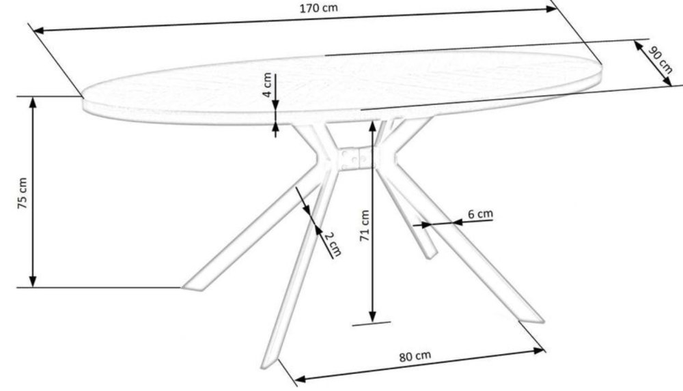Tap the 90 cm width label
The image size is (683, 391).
pyautogui.click(x=660, y=60)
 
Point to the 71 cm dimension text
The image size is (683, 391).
pyautogui.click(x=364, y=225)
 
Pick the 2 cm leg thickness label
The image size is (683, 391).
pyautogui.click(x=332, y=244)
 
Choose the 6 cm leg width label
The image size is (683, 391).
pyautogui.click(x=480, y=214)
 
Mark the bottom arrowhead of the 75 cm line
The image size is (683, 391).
pyautogui.click(x=32, y=282)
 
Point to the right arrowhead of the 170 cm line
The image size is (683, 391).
pyautogui.click(x=553, y=8)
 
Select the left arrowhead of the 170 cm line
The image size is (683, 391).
pyautogui.click(x=40, y=30)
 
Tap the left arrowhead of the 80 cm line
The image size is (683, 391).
pyautogui.click(x=285, y=379)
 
